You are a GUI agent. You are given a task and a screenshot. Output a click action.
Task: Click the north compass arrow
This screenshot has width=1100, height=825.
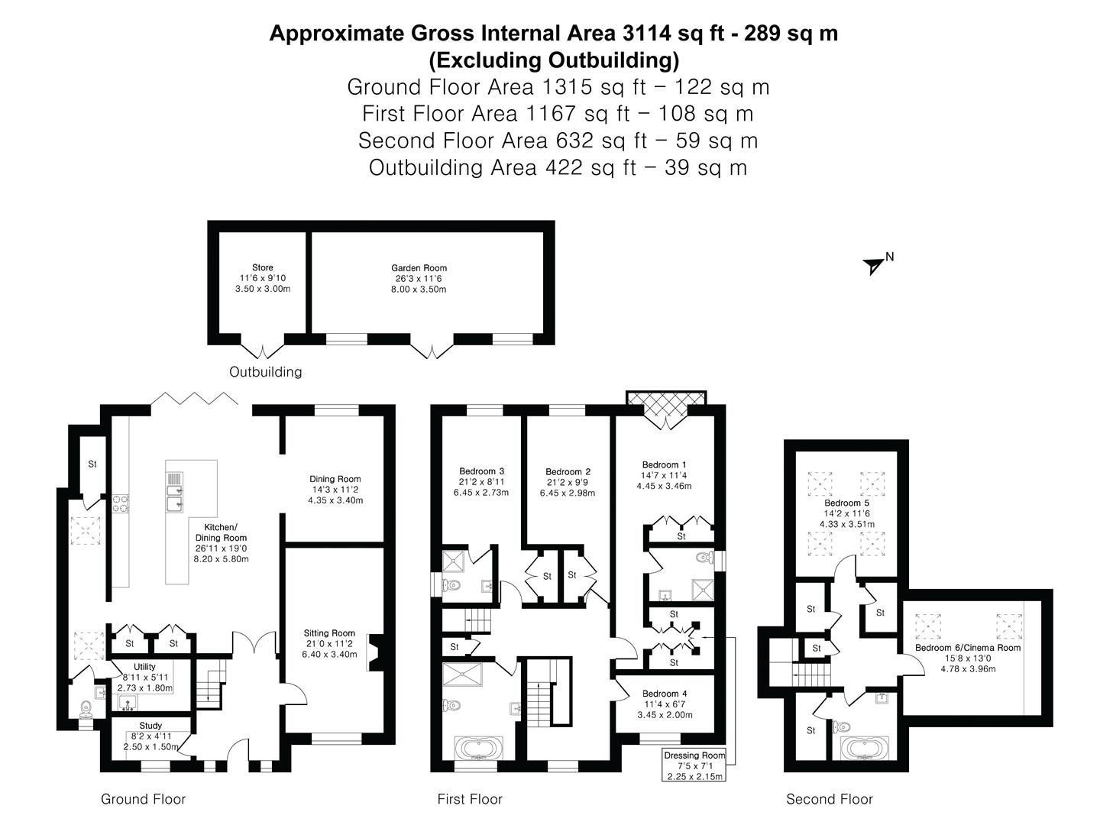(x=874, y=266)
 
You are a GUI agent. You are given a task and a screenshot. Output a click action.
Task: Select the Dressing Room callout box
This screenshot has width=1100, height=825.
(x=694, y=765)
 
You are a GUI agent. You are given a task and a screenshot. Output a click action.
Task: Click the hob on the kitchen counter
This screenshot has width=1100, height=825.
(x=121, y=503)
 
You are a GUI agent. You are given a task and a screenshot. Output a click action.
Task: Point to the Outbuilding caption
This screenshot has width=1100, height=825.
(x=265, y=372)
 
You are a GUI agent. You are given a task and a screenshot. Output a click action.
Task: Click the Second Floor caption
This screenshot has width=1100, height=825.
(x=829, y=799)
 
